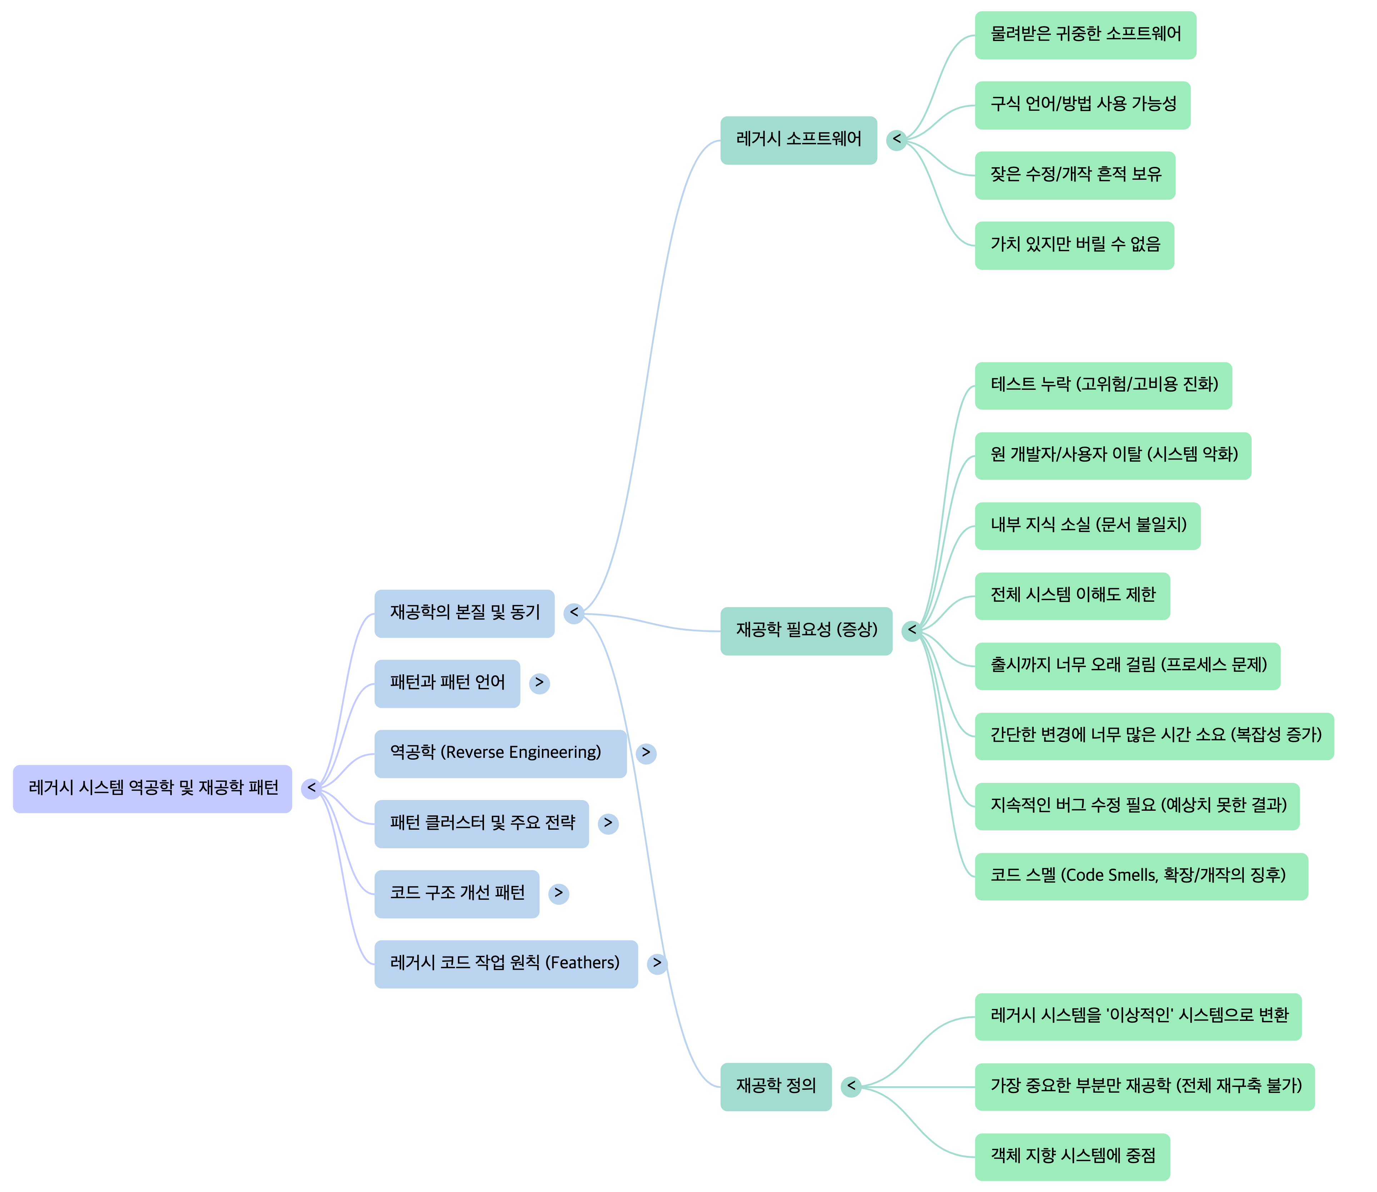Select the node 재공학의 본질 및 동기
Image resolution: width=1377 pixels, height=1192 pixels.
[x=464, y=613]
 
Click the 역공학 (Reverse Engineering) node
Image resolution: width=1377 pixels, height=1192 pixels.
[x=500, y=754]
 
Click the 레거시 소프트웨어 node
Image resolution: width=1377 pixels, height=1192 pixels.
[x=799, y=140]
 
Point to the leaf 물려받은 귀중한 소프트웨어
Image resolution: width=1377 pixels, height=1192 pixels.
[x=1085, y=35]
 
